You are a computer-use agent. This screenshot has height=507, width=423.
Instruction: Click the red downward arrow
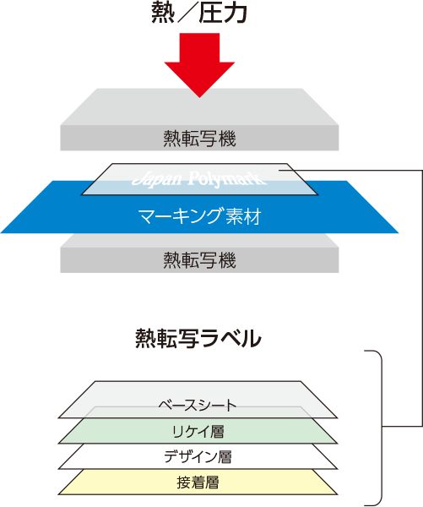click(x=199, y=65)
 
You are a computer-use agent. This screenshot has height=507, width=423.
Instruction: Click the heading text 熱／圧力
click(x=199, y=14)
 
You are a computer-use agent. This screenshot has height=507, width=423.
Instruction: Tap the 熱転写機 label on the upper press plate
click(x=199, y=139)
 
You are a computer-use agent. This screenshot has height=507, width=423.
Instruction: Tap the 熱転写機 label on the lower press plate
click(x=199, y=260)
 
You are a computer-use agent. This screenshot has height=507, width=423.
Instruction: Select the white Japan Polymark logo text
click(x=199, y=179)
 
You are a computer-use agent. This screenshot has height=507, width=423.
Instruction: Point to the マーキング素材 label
click(x=199, y=216)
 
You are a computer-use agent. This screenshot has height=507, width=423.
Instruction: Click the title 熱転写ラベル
click(x=198, y=338)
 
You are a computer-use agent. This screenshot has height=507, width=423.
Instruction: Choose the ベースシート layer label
click(x=198, y=406)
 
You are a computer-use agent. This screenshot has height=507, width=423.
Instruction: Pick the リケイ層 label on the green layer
click(x=198, y=431)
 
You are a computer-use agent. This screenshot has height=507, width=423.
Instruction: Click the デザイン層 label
click(x=198, y=456)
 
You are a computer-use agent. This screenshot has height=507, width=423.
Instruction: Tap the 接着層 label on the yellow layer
click(x=198, y=482)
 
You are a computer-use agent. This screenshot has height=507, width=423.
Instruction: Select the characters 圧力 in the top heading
click(x=223, y=14)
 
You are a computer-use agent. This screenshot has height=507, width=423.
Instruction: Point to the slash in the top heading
click(x=187, y=14)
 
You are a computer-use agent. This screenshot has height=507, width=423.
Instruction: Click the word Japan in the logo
click(x=157, y=179)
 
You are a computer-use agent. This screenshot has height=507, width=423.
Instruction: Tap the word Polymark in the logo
click(x=227, y=179)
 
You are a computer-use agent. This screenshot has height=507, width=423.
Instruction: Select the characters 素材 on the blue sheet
click(x=244, y=216)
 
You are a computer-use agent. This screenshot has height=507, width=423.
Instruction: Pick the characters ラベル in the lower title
click(x=230, y=339)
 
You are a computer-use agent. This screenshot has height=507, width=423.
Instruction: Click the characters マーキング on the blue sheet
click(x=181, y=216)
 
